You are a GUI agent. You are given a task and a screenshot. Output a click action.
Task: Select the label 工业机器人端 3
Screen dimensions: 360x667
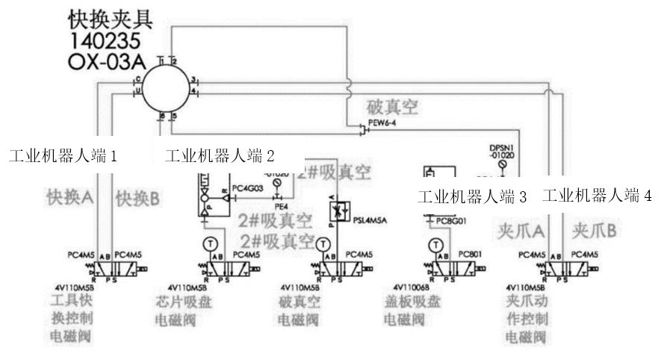click(x=472, y=197)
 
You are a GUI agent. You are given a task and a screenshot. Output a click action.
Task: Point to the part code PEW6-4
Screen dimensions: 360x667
click(x=382, y=123)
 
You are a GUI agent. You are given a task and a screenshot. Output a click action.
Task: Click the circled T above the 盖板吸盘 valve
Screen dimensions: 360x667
click(x=435, y=244)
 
